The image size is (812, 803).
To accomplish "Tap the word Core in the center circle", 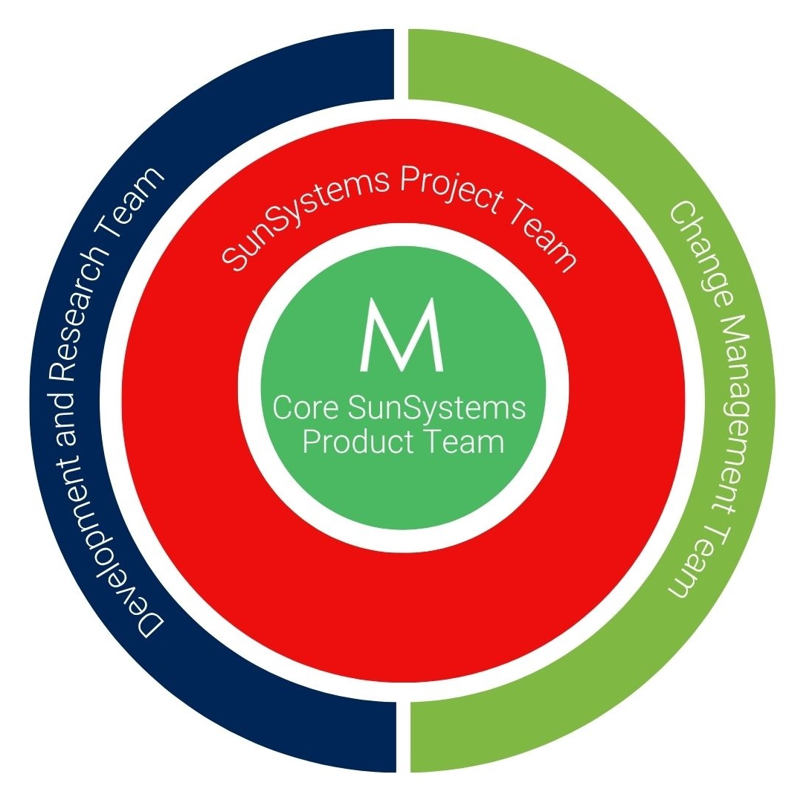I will pos(300,408).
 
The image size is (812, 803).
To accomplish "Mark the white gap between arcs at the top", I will pos(402,63).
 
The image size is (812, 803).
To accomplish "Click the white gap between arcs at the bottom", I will pos(402,736).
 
